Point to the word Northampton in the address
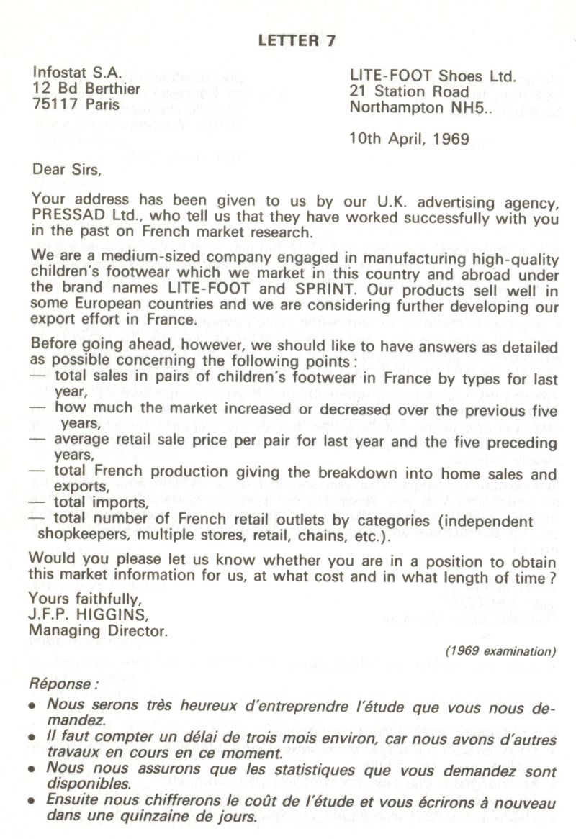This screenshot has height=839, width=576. click(397, 108)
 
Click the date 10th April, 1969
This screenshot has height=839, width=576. click(408, 138)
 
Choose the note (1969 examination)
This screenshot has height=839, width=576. click(500, 650)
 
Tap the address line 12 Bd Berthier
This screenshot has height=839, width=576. click(86, 89)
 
